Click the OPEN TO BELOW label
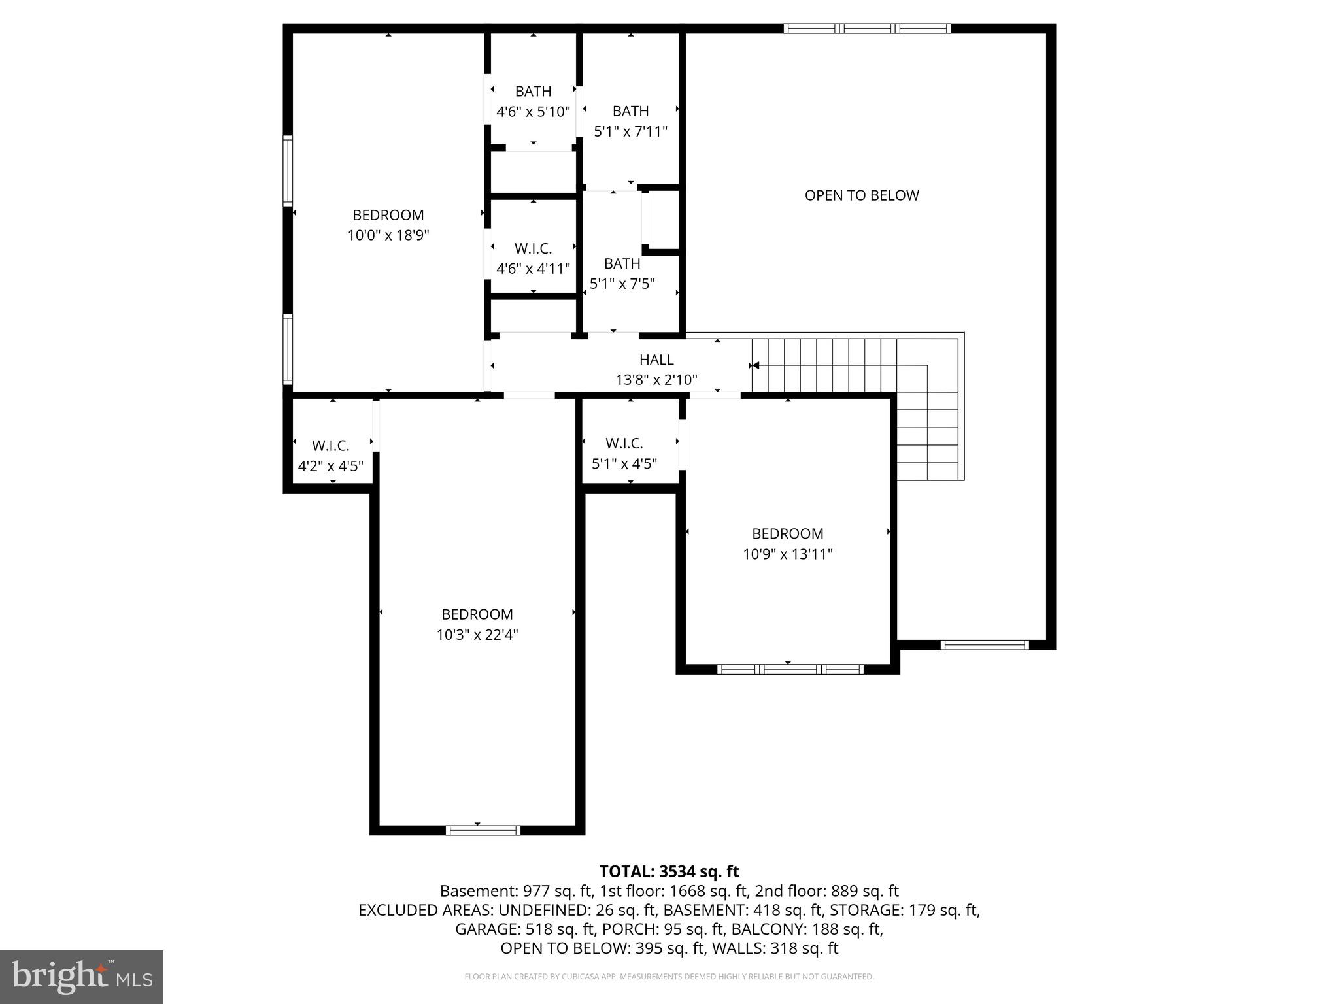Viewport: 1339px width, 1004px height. point(861,195)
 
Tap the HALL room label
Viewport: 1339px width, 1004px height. point(656,360)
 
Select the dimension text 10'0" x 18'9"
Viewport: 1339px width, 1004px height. point(388,235)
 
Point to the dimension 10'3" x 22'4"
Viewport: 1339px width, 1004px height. point(477,635)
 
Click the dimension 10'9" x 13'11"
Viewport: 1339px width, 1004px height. point(787,554)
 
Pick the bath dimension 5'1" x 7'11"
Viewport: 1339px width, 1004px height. point(630,131)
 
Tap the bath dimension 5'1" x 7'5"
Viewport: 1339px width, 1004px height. point(622,284)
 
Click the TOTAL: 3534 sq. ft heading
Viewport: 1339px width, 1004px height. point(669,871)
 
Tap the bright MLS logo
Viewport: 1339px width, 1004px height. point(82,977)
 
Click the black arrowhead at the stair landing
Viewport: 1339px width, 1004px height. point(754,365)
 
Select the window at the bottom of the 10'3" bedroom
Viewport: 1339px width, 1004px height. point(483,830)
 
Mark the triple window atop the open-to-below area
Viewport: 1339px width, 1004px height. point(866,28)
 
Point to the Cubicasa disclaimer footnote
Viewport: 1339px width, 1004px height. point(669,977)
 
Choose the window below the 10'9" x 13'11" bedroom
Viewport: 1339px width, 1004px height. point(790,669)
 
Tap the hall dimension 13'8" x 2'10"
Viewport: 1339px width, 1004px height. point(656,380)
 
